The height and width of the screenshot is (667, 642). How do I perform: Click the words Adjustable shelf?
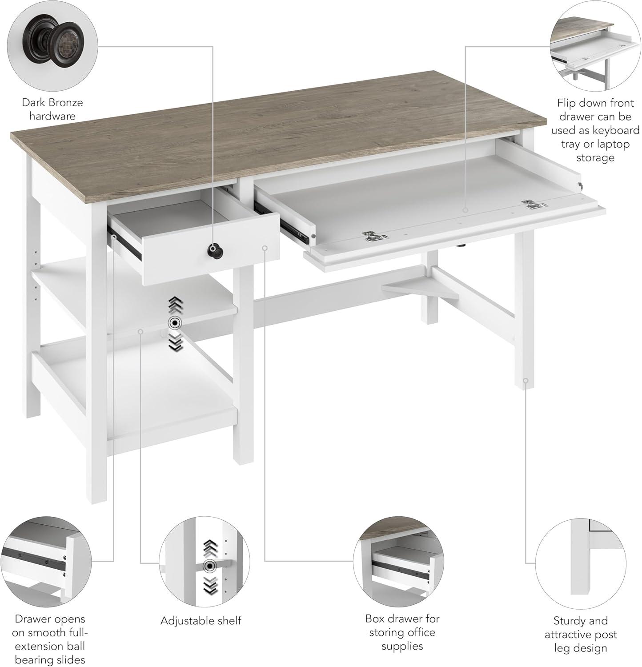pyautogui.click(x=201, y=621)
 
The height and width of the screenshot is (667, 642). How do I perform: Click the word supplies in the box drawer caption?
pyautogui.click(x=402, y=646)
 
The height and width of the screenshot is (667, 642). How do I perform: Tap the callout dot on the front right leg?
pyautogui.click(x=526, y=381)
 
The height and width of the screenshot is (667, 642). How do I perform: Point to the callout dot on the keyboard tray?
pyautogui.click(x=465, y=210)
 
